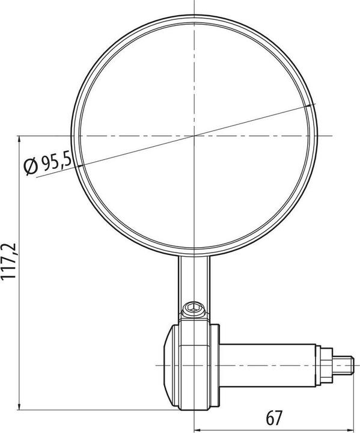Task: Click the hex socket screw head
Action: click(x=194, y=310)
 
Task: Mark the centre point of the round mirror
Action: click(x=195, y=136)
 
